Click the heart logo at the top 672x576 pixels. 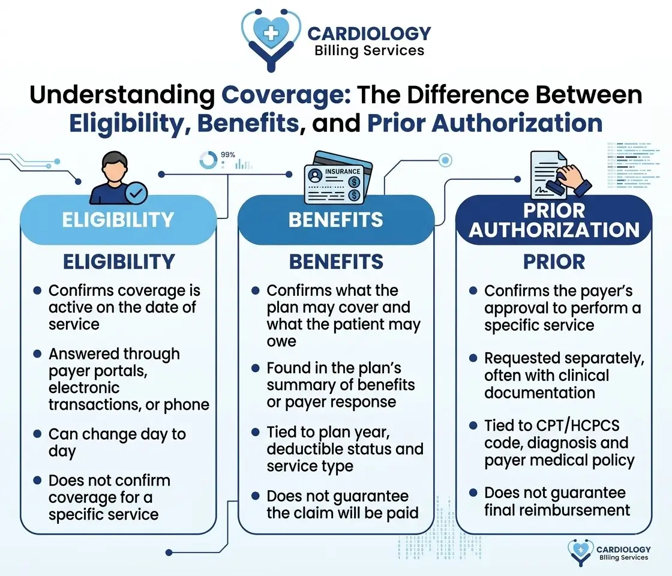tap(271, 38)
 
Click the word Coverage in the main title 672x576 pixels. tap(286, 95)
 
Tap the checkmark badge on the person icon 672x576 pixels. tap(136, 193)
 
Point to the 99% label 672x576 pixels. tap(227, 155)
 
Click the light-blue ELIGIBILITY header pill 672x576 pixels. tap(118, 220)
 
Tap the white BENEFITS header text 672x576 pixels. tap(335, 220)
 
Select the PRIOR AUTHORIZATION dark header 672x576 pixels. tap(554, 220)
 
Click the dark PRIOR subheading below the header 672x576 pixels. tap(554, 262)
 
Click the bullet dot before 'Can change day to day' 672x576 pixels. tap(37, 434)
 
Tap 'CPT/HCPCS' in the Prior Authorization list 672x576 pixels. tap(574, 425)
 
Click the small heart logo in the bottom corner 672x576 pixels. tap(580, 552)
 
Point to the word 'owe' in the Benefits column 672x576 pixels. tap(281, 341)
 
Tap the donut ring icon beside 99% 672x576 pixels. tap(208, 160)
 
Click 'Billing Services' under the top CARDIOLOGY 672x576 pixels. tap(370, 50)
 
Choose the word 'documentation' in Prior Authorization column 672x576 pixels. tap(539, 393)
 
